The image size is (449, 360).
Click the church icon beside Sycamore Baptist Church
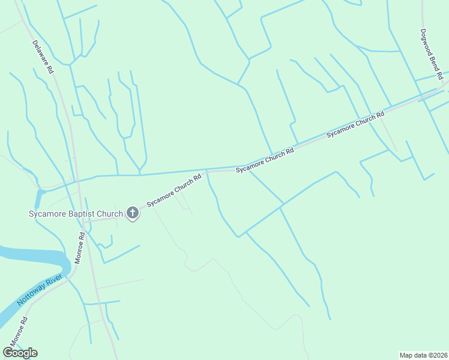pos(132,213)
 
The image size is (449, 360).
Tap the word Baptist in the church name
pos(76,214)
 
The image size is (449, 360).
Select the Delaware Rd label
pos(43,56)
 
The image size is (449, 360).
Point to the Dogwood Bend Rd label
pos(431,55)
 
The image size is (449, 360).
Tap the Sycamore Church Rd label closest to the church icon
pos(174,191)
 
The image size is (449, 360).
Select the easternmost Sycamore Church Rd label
pos(355,125)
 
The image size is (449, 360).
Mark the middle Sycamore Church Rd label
pos(264,161)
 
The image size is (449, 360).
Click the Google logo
pos(20,353)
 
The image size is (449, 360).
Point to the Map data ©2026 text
pos(423,355)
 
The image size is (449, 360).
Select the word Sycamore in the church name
pos(46,214)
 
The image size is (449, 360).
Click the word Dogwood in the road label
pos(427,43)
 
